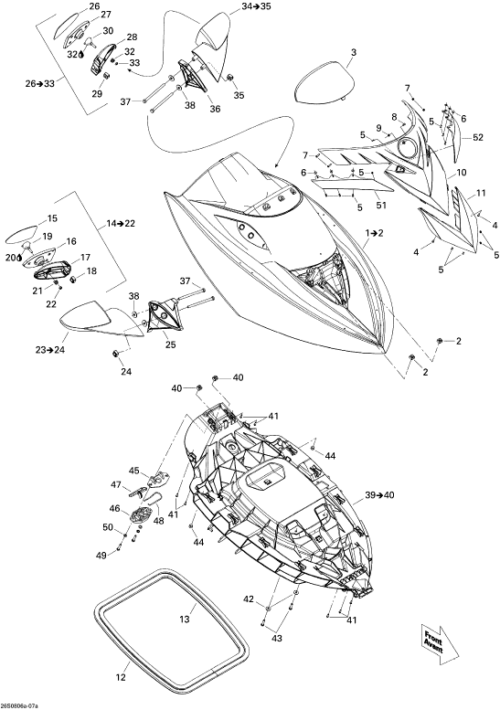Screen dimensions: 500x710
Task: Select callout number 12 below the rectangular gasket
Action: tap(121, 677)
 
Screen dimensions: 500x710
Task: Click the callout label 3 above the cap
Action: tap(354, 52)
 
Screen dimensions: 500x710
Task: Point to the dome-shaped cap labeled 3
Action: tap(323, 82)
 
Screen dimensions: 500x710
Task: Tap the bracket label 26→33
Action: tap(40, 83)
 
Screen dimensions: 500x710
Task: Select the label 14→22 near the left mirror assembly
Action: tap(121, 223)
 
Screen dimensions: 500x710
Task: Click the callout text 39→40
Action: tap(379, 495)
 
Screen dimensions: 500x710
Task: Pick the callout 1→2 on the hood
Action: tap(375, 233)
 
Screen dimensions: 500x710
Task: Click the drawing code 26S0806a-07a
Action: tap(19, 706)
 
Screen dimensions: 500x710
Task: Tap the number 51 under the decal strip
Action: tap(381, 205)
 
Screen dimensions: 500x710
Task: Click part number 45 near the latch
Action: tap(133, 471)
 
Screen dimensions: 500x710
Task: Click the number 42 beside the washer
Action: tap(249, 599)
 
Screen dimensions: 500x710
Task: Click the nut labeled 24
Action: tap(115, 354)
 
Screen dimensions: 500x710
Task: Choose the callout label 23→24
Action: tap(51, 349)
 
